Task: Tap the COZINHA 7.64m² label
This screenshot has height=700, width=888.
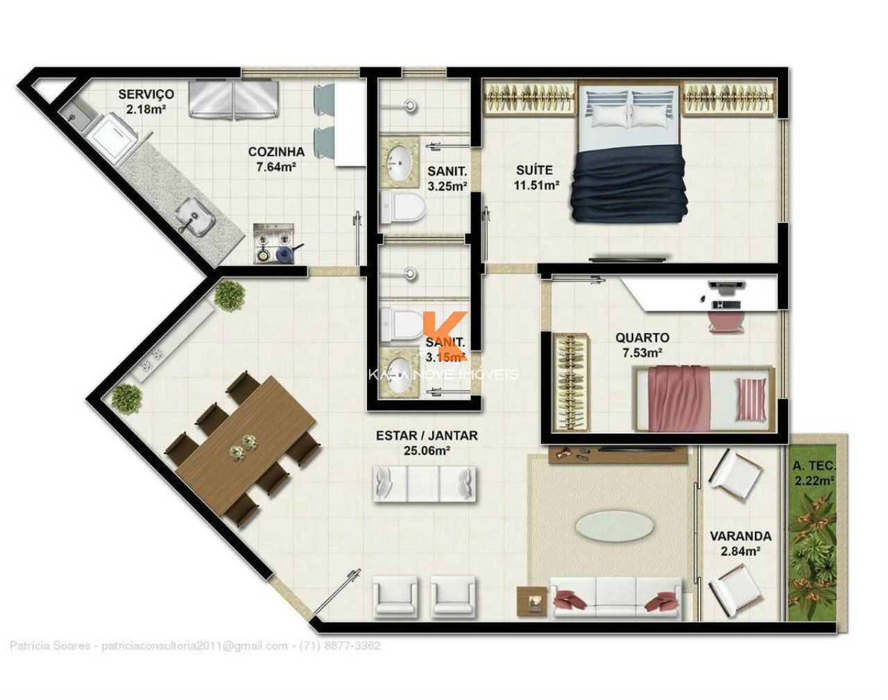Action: coord(276,159)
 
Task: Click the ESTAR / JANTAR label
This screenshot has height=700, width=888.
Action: coord(426,443)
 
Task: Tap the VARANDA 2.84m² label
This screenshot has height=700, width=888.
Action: coord(740,543)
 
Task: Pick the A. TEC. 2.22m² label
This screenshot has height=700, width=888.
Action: coord(814,472)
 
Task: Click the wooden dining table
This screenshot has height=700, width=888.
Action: coord(246,444)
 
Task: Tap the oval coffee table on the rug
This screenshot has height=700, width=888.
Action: coord(613,526)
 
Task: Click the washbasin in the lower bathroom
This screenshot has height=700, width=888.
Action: coord(400,374)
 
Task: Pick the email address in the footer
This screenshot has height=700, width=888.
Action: coord(194,646)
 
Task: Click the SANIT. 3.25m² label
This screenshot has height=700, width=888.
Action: coord(447,178)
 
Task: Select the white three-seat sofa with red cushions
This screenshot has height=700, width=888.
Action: coord(616,596)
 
